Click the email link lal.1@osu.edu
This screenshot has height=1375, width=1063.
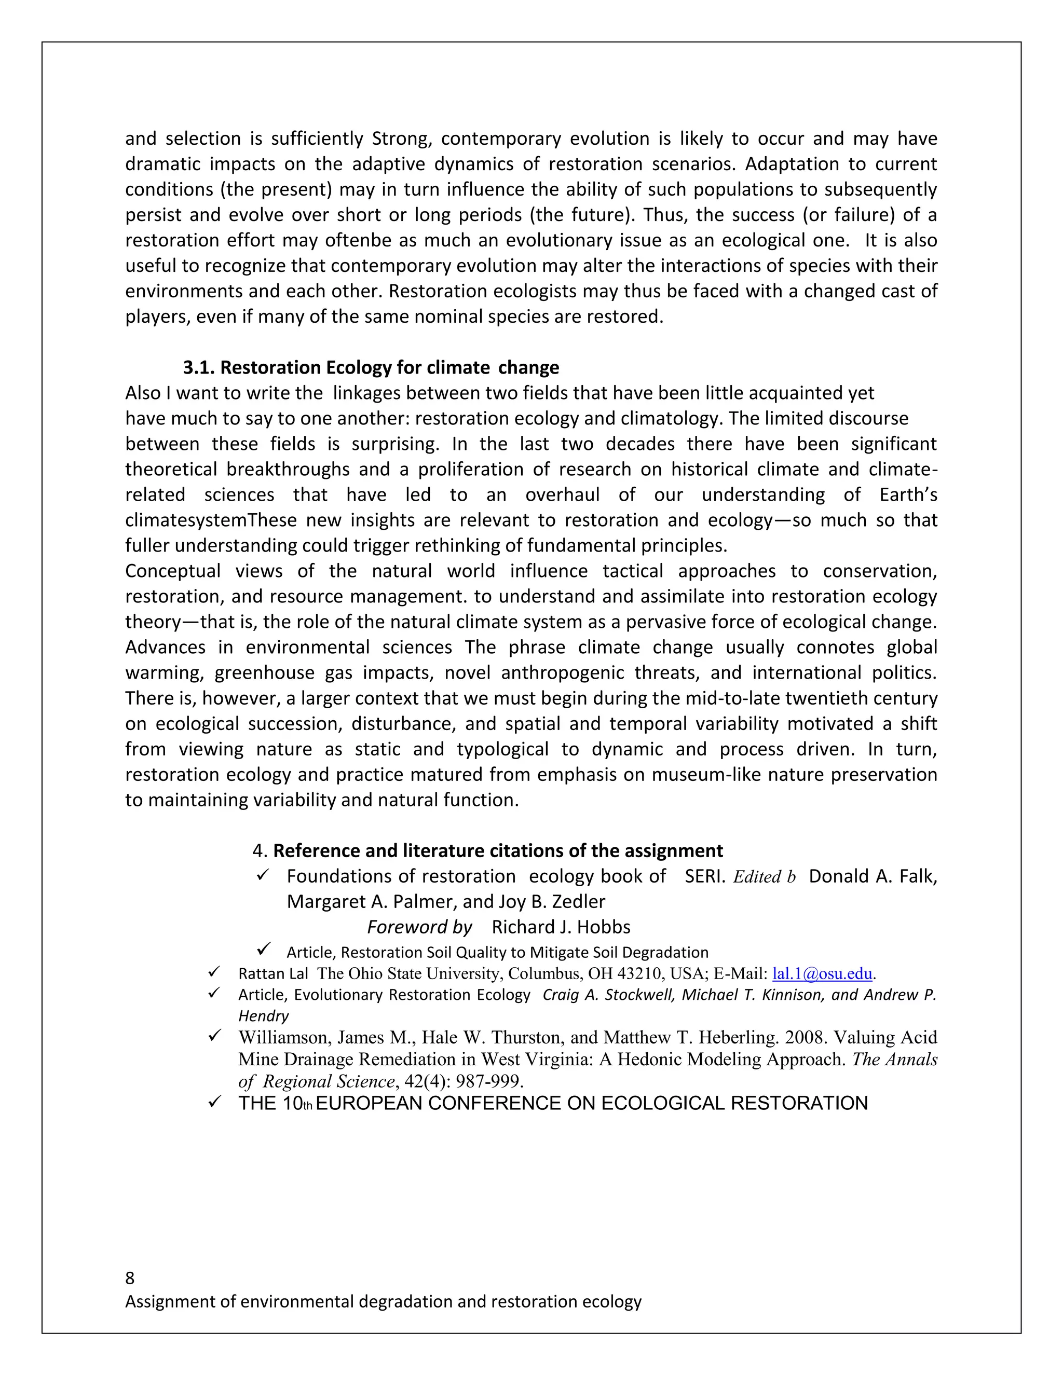[x=822, y=974]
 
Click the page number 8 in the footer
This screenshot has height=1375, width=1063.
[x=130, y=1277]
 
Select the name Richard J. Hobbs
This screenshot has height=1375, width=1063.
[x=561, y=927]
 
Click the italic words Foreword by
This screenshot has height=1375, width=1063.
[x=419, y=927]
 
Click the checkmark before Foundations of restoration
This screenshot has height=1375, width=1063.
[x=263, y=875]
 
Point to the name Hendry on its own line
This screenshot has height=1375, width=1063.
[x=263, y=1016]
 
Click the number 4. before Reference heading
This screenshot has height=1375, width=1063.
[x=260, y=851]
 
